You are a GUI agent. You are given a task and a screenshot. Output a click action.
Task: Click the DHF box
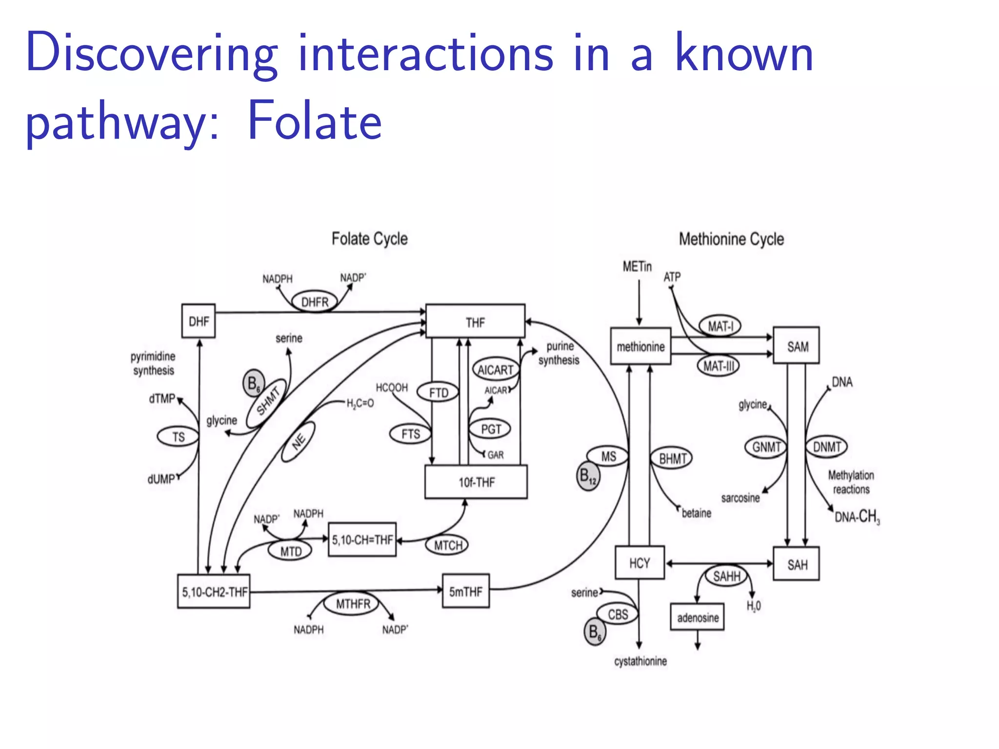[x=198, y=321]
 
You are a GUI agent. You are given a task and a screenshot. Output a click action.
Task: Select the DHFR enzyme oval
[x=315, y=302]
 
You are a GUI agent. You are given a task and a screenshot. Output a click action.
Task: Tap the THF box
[x=475, y=321]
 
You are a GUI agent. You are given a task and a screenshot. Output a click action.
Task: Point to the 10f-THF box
[x=476, y=482]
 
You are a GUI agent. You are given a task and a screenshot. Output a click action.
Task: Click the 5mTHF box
[x=465, y=591]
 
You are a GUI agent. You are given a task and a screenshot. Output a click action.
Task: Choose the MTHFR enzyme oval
[x=353, y=604]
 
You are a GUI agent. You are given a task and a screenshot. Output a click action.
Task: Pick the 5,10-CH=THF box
[x=362, y=539]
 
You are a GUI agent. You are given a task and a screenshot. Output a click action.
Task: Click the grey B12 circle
[x=588, y=476]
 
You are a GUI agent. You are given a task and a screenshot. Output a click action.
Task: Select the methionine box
[x=640, y=346]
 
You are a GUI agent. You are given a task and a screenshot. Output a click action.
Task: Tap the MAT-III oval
[x=718, y=366]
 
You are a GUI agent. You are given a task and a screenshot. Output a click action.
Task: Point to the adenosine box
[x=697, y=617]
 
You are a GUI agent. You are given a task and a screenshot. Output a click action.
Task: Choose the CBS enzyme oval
[x=618, y=614]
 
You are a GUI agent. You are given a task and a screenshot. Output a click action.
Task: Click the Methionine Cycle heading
[x=731, y=239]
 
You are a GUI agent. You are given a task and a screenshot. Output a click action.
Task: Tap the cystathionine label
[x=640, y=661]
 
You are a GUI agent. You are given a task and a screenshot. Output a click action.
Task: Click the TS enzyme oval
[x=178, y=436]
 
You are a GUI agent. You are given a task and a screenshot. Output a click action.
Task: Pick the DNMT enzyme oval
[x=827, y=446]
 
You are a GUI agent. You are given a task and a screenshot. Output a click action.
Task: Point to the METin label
[x=637, y=266]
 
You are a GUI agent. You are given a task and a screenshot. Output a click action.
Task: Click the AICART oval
[x=495, y=370]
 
